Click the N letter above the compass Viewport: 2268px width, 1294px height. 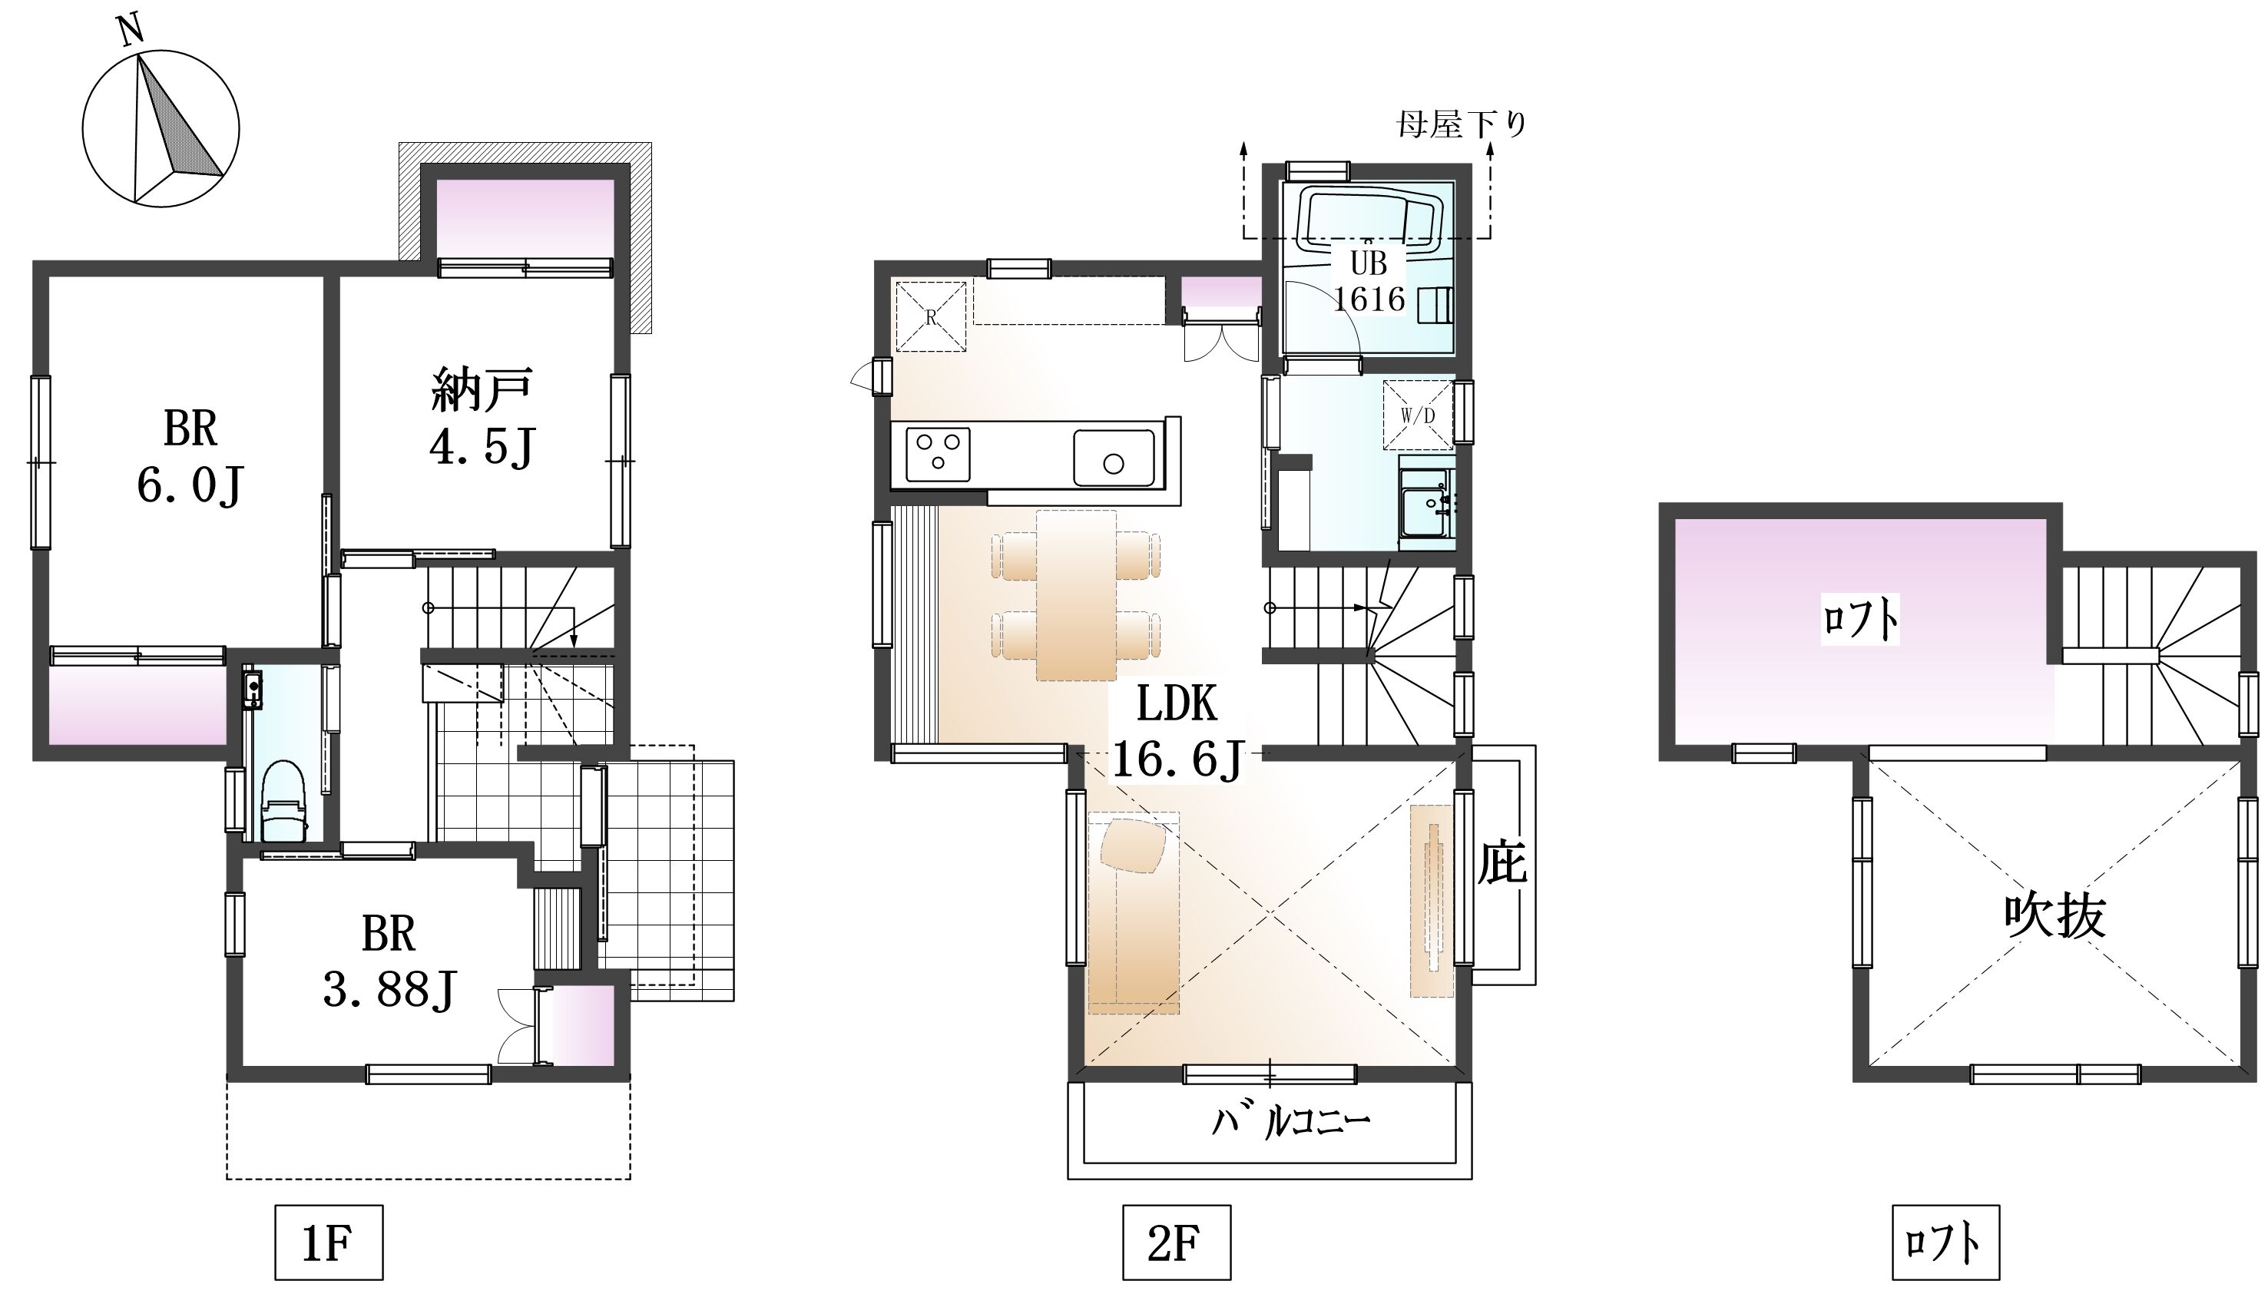point(131,31)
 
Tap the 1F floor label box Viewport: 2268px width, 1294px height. point(328,1243)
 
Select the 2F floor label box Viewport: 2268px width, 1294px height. point(1176,1243)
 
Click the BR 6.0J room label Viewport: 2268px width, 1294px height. point(190,457)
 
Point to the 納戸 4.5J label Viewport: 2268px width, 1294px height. point(482,418)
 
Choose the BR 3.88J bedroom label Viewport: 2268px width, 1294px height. point(389,961)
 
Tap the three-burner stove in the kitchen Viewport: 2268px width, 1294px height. point(937,454)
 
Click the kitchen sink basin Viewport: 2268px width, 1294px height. point(1114,457)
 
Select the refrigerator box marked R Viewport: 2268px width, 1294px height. point(931,316)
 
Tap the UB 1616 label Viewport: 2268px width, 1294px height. point(1369,281)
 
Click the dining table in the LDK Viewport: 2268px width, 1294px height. point(1076,594)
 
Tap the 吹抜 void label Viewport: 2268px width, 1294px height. point(2054,916)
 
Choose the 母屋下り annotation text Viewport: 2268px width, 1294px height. point(1462,124)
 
